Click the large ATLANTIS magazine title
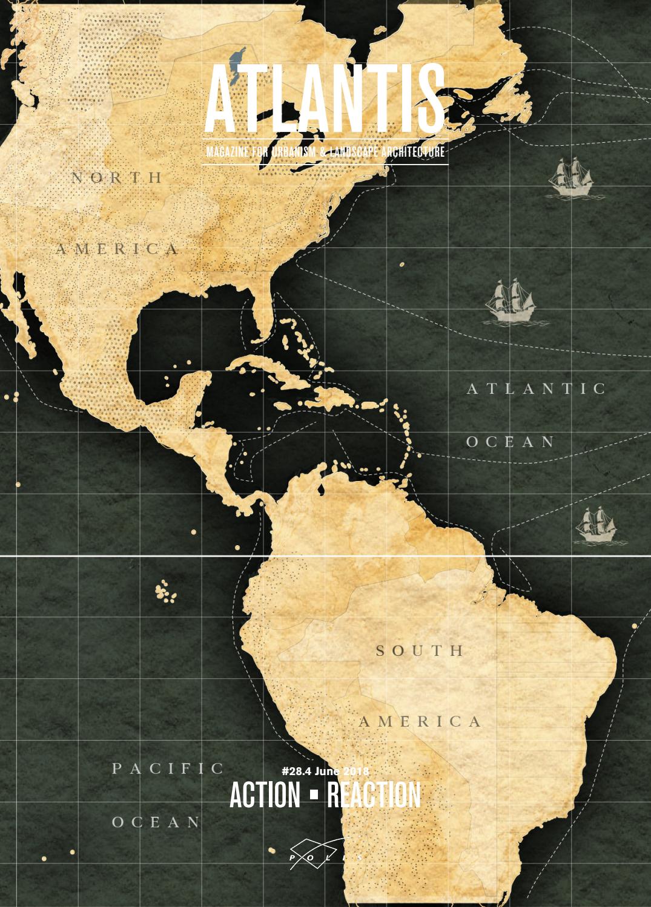(325, 99)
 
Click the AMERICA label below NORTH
(118, 249)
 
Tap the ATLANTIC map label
(537, 388)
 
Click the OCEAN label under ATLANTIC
(511, 442)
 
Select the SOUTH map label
(420, 651)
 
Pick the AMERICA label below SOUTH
(420, 721)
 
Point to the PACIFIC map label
(168, 768)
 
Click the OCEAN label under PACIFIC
(156, 822)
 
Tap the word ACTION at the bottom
(265, 795)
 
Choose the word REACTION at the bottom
(374, 795)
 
